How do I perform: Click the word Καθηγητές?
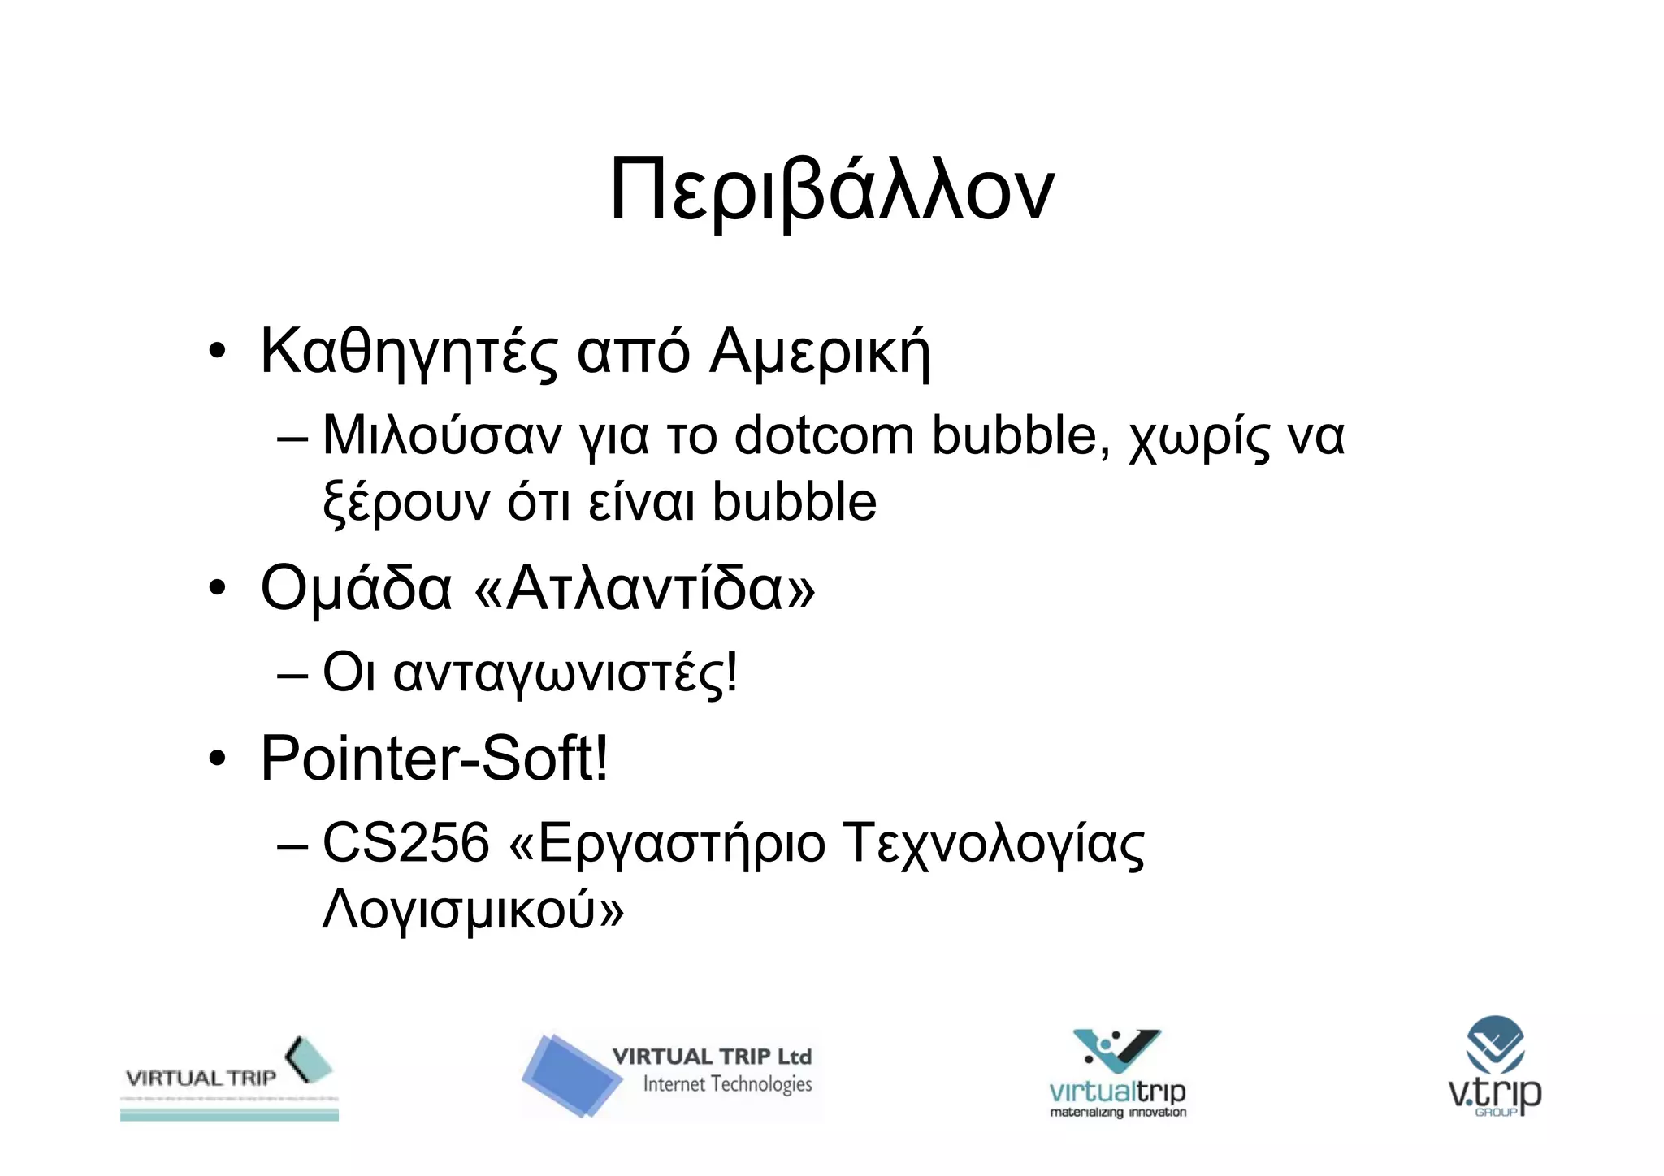409,352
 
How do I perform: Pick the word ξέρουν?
406,503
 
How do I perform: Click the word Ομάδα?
356,588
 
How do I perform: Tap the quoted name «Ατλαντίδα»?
643,588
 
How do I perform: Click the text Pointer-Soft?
434,759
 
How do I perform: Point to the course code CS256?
406,842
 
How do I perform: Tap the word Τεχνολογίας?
994,844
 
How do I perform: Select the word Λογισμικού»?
473,910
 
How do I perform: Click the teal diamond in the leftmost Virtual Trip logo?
310,1060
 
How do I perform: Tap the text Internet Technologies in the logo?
727,1084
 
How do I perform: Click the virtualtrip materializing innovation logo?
1117,1074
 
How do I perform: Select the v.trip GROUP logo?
1495,1066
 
